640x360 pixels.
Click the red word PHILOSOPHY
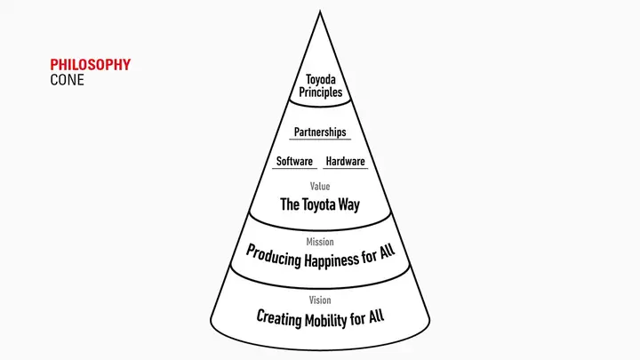pos(90,65)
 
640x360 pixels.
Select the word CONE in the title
pos(67,80)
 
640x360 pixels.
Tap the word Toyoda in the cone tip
pos(321,80)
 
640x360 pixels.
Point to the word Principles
pos(320,92)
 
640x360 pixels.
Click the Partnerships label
pos(320,132)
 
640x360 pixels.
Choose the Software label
pos(294,161)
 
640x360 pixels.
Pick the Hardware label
pos(345,161)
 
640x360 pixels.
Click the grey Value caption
pos(320,187)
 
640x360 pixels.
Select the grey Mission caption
pos(320,242)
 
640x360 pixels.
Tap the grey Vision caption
pos(320,300)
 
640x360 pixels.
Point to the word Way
pos(349,204)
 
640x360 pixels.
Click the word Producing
pos(274,256)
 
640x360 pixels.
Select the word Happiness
pos(332,260)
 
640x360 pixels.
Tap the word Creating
pos(279,317)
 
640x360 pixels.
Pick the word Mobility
pos(325,320)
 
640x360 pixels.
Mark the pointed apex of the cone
pos(320,11)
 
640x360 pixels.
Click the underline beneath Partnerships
pos(320,140)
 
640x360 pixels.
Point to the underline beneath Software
pos(294,168)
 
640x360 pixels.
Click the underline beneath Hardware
pos(345,168)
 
